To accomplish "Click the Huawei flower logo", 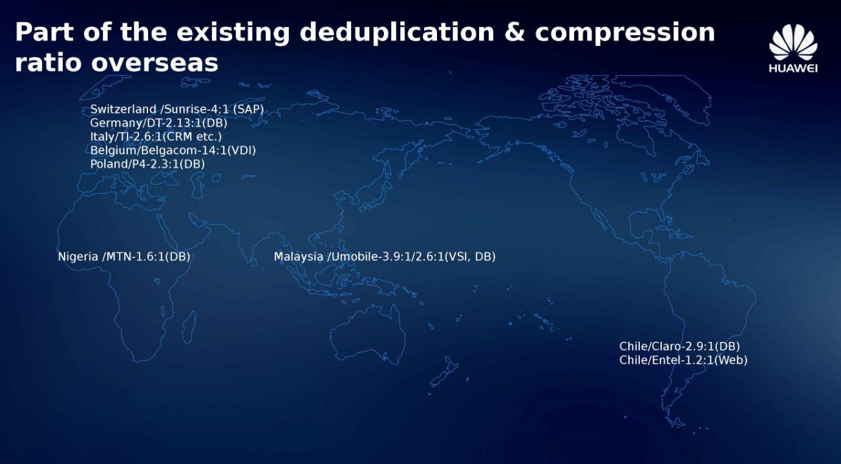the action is (x=793, y=42).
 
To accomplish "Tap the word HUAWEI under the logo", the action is (x=793, y=69).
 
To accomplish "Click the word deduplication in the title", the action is (x=396, y=33).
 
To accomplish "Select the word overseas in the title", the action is (x=154, y=63).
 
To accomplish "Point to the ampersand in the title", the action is (x=515, y=32).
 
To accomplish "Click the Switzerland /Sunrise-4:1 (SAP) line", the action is (x=177, y=109).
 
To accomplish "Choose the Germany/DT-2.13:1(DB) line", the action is (x=158, y=123).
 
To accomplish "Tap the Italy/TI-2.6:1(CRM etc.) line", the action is (x=156, y=136).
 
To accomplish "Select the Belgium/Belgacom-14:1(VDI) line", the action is (x=173, y=151).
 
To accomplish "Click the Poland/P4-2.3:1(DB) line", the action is (x=147, y=164).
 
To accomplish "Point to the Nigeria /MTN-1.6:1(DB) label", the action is (x=124, y=257).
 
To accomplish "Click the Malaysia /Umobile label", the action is (x=385, y=257).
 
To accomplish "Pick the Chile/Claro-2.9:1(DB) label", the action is (x=679, y=346).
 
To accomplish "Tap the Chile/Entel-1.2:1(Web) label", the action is (x=683, y=360).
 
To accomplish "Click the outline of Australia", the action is (x=331, y=338).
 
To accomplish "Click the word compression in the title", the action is (x=625, y=33).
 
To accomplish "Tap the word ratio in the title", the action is (x=48, y=62).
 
